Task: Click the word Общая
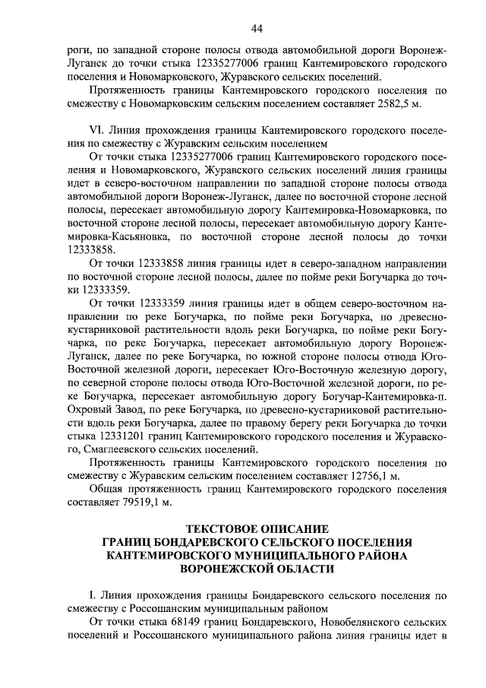tap(108, 490)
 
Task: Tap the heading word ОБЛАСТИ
tap(295, 569)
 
